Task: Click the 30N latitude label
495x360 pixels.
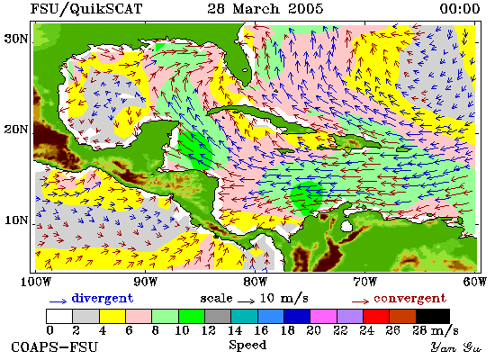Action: click(x=16, y=39)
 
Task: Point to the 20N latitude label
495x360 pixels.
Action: click(x=16, y=130)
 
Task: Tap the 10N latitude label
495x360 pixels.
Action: click(x=16, y=220)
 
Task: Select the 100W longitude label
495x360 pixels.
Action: click(x=36, y=282)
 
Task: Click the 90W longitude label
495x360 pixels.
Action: click(x=145, y=282)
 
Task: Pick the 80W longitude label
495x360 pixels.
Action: click(x=255, y=282)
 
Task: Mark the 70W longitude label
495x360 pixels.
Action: click(x=364, y=282)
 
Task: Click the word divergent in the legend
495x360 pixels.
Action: click(x=103, y=299)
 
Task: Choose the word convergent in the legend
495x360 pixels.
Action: click(x=409, y=299)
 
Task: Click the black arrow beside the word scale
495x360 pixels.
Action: click(x=247, y=301)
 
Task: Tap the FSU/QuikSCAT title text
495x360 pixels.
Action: click(x=86, y=9)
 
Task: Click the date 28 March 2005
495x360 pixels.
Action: click(x=265, y=8)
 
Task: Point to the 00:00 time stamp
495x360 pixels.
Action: click(x=460, y=8)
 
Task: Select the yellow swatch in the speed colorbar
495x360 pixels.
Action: click(x=112, y=316)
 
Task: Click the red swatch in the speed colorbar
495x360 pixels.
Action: click(x=376, y=316)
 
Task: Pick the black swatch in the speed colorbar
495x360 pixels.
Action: click(x=433, y=316)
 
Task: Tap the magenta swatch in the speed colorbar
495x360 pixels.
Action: click(x=323, y=316)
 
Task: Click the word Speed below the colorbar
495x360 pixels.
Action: click(x=247, y=346)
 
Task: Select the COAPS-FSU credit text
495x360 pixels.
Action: click(x=54, y=347)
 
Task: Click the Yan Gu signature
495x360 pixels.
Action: click(x=455, y=347)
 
